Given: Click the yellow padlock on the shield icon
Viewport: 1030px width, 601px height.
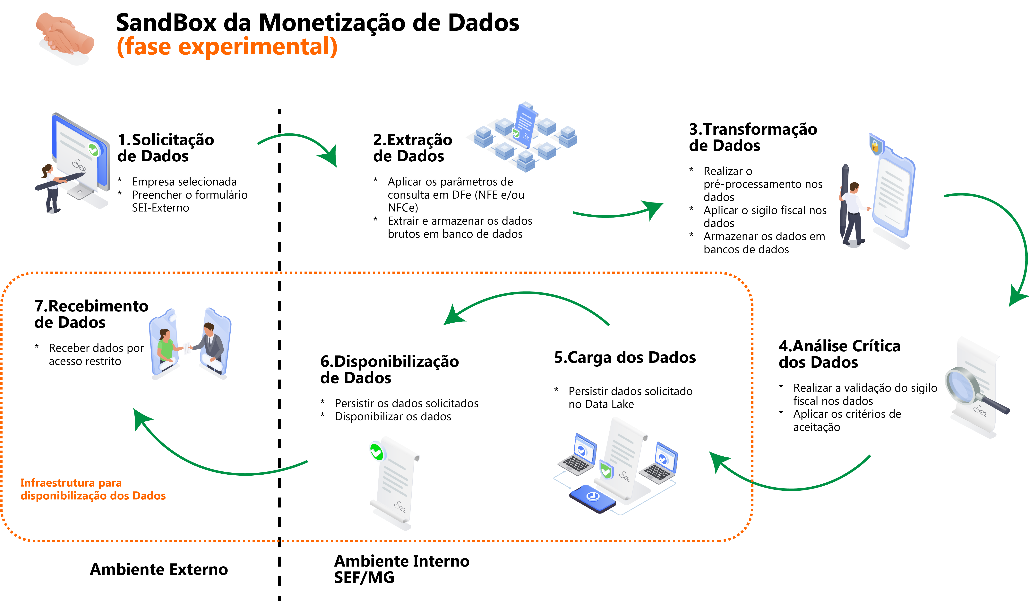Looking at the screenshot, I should pos(875,146).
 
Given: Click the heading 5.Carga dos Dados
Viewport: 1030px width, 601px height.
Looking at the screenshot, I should pos(624,357).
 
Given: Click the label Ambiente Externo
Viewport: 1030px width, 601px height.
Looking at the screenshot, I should pos(159,569).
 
